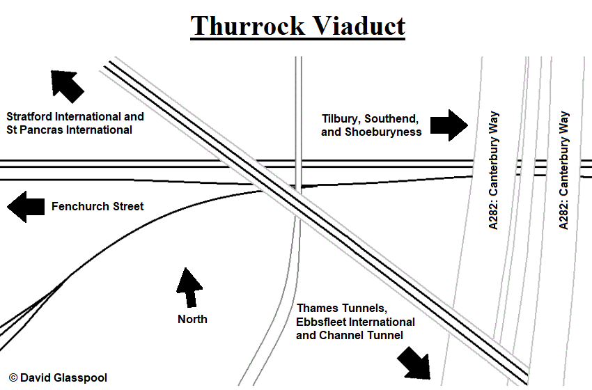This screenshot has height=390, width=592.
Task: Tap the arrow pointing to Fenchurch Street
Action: pyautogui.click(x=26, y=207)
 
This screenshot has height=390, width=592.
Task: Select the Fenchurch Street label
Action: pyautogui.click(x=98, y=207)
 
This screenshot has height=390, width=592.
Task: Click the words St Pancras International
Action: pyautogui.click(x=69, y=130)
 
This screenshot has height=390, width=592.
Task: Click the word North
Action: pyautogui.click(x=192, y=319)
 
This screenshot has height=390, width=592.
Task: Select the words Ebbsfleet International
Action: pyautogui.click(x=356, y=322)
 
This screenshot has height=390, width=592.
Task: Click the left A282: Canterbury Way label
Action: pyautogui.click(x=493, y=171)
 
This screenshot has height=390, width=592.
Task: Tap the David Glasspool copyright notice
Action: pyautogui.click(x=59, y=377)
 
